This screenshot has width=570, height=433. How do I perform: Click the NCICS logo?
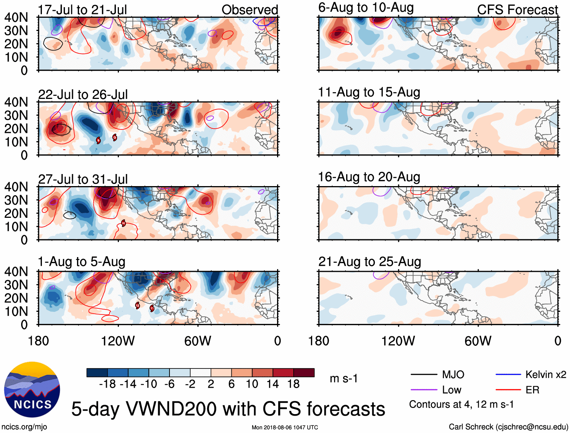tap(32, 390)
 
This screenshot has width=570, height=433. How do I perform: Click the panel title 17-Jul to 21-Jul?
tap(82, 10)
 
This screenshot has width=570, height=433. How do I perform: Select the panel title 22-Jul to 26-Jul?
tap(83, 94)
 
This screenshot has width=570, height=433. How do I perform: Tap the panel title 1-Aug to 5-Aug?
tap(82, 262)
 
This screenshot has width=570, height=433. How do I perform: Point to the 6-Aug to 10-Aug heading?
tap(366, 8)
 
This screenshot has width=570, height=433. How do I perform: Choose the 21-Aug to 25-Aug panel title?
tap(370, 262)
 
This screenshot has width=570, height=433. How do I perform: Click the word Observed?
tap(250, 10)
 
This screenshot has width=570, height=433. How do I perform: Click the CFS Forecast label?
tap(517, 10)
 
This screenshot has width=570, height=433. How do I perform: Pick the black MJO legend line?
tap(424, 374)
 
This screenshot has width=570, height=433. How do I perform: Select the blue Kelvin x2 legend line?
tap(508, 374)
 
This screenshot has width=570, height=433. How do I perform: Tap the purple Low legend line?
tap(424, 390)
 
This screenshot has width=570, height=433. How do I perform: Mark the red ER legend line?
tap(508, 390)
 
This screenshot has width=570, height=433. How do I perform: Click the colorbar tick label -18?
tap(107, 384)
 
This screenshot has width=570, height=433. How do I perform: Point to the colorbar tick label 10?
tap(252, 384)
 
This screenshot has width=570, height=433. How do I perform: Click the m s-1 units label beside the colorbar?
tap(344, 379)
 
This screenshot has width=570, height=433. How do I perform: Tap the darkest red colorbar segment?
tap(304, 373)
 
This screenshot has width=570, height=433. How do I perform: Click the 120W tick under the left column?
tap(118, 341)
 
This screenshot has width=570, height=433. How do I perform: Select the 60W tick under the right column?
tap(478, 341)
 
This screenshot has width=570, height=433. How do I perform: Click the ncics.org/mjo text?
tap(24, 427)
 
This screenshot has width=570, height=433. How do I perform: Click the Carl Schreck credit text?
tap(508, 427)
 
